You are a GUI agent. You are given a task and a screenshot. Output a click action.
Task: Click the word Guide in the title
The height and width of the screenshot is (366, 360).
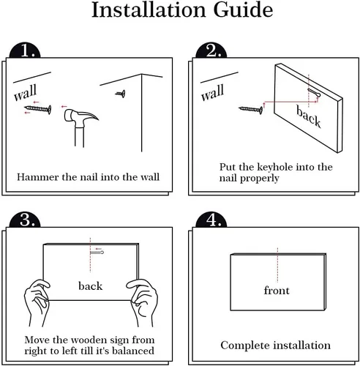coord(243,10)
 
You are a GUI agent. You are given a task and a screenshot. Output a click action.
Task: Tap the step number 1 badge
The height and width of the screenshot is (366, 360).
coord(25,51)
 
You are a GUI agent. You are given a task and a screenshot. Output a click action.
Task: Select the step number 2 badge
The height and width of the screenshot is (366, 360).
coord(211,51)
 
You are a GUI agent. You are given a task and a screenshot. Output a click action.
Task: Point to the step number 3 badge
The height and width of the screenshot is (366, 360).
coord(25,220)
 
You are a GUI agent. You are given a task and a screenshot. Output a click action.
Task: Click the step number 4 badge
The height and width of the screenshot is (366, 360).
coord(211,220)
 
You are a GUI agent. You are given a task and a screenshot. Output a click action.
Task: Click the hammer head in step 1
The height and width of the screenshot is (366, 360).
coord(80,118)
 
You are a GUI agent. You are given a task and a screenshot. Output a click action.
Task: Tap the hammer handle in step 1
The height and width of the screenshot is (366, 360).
coord(79,137)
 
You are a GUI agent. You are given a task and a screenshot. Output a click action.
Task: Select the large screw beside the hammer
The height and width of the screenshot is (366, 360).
coord(38,109)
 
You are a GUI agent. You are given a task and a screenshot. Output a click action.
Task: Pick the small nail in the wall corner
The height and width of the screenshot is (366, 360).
coord(121,94)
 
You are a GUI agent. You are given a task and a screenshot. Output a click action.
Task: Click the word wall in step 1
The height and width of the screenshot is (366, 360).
coord(26,92)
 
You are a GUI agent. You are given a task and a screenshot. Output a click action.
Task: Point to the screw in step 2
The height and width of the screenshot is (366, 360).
coord(251,110)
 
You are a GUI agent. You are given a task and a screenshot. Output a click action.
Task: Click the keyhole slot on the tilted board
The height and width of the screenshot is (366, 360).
coord(314,93)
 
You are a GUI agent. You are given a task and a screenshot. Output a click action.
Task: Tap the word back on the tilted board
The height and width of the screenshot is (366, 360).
coord(308,116)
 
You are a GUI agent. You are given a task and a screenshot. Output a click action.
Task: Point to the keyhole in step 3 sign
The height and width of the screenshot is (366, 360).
coord(97,253)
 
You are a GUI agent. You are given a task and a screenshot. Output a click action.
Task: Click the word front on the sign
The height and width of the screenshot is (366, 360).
coord(277,291)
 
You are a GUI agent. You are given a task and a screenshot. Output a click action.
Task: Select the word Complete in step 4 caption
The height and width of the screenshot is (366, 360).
coord(244,346)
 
